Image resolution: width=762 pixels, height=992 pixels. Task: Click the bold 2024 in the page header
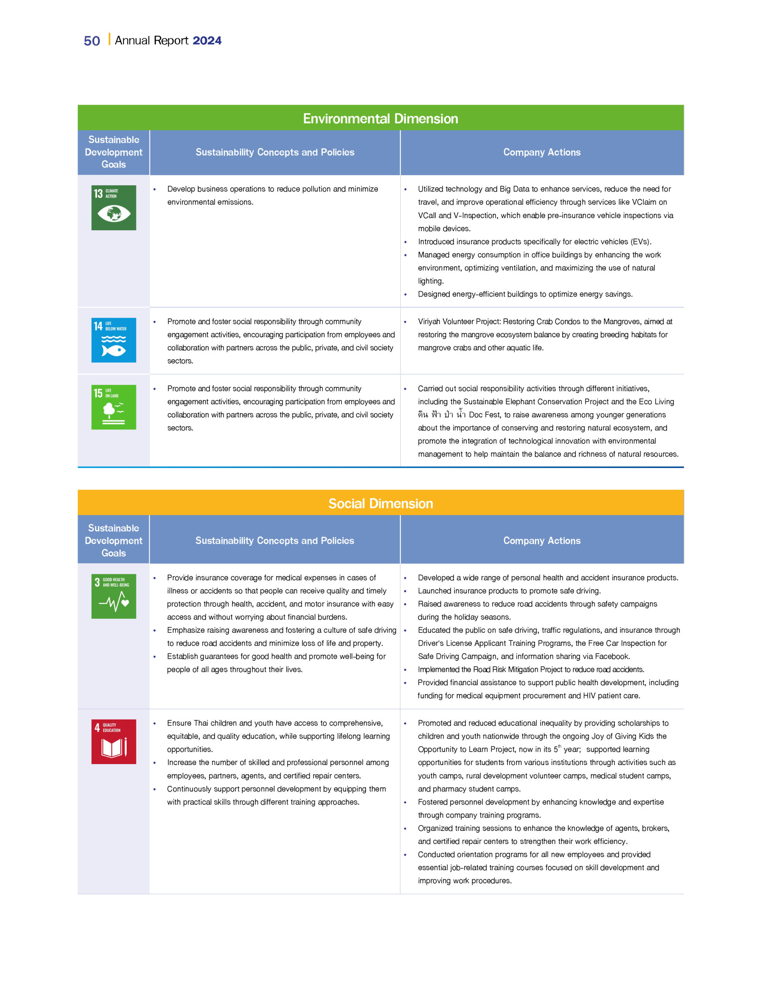tap(207, 40)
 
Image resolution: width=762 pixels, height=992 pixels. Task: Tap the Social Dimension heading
tap(380, 503)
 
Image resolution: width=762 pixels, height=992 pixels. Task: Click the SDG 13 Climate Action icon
tap(114, 208)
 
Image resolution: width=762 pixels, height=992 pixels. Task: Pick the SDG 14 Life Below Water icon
tap(114, 340)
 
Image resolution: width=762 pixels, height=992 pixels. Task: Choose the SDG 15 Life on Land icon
tap(114, 407)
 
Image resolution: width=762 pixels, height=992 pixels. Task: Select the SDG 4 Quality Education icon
tap(114, 741)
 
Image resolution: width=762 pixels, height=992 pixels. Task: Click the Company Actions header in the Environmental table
tap(541, 152)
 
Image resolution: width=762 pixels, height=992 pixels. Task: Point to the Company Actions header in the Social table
tap(541, 541)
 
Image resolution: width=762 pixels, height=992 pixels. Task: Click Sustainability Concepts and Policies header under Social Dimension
tap(274, 541)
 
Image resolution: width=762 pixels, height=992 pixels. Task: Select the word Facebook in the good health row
tap(611, 656)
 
